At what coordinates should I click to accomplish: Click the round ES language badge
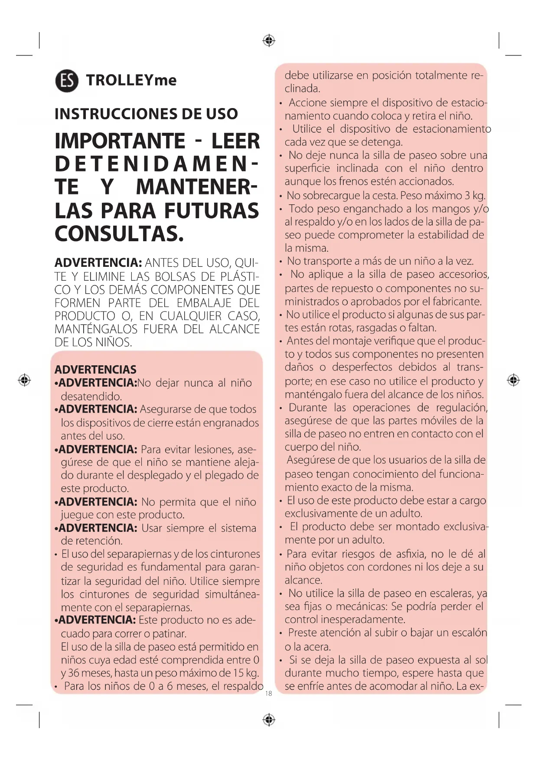pyautogui.click(x=67, y=81)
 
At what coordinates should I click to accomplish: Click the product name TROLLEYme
pyautogui.click(x=131, y=80)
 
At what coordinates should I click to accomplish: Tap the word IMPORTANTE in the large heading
pyautogui.click(x=120, y=141)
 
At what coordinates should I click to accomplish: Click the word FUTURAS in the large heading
pyautogui.click(x=211, y=211)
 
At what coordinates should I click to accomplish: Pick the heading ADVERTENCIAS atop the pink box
pyautogui.click(x=95, y=370)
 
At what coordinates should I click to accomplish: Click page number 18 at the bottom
pyautogui.click(x=268, y=693)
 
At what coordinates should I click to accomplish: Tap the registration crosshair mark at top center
pyautogui.click(x=269, y=41)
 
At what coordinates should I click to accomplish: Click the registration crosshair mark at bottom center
pyautogui.click(x=269, y=720)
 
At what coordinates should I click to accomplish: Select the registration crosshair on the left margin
pyautogui.click(x=24, y=380)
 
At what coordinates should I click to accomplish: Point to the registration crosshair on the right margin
pyautogui.click(x=513, y=380)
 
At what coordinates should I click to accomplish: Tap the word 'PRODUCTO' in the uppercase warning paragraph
pyautogui.click(x=85, y=316)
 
